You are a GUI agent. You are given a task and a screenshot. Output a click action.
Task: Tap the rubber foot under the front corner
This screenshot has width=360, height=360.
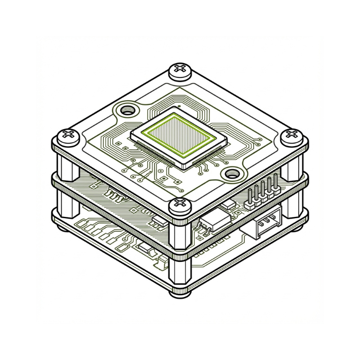click(180, 293)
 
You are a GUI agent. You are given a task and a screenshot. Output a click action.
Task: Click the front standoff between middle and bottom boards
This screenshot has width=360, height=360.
click(180, 270)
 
